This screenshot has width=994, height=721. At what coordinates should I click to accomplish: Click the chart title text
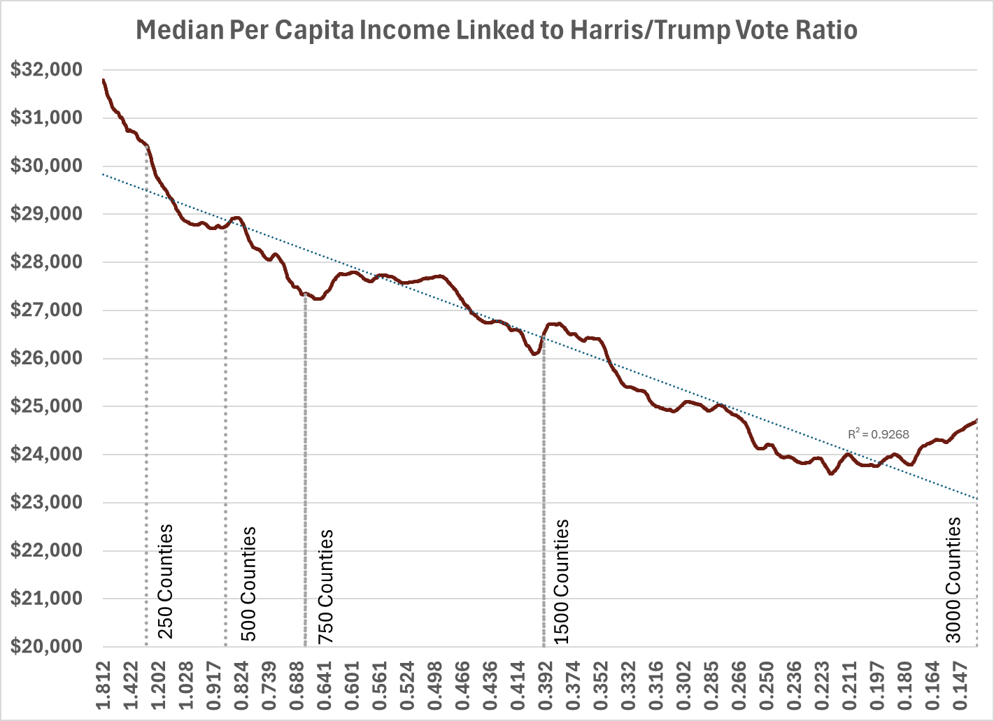tap(496, 31)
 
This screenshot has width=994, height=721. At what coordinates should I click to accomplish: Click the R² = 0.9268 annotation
tap(879, 434)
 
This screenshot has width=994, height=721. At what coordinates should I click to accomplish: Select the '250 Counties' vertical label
tap(165, 582)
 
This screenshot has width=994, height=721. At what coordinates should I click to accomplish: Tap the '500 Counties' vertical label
tap(248, 584)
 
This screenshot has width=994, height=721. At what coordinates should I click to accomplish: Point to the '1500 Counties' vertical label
tap(562, 582)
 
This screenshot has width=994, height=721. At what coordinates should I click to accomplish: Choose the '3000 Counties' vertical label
tap(953, 580)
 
